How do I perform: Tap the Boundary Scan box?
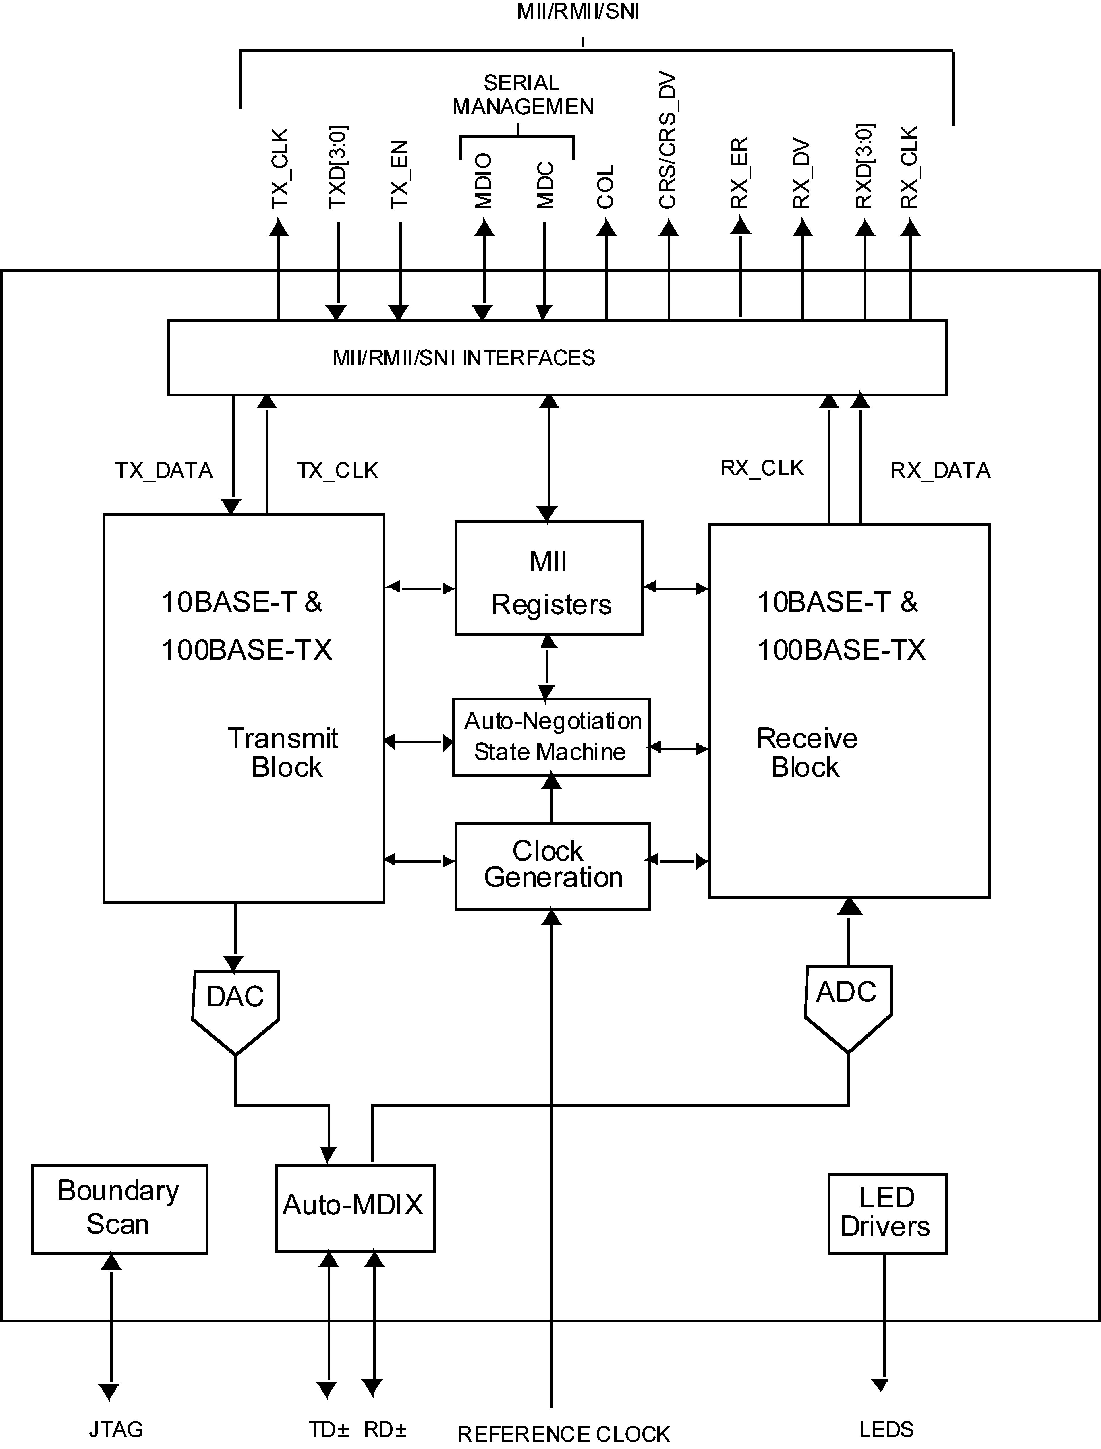coord(119,1208)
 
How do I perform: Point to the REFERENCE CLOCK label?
coord(564,1434)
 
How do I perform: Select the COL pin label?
coord(606,187)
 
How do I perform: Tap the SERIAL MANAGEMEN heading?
coord(522,95)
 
